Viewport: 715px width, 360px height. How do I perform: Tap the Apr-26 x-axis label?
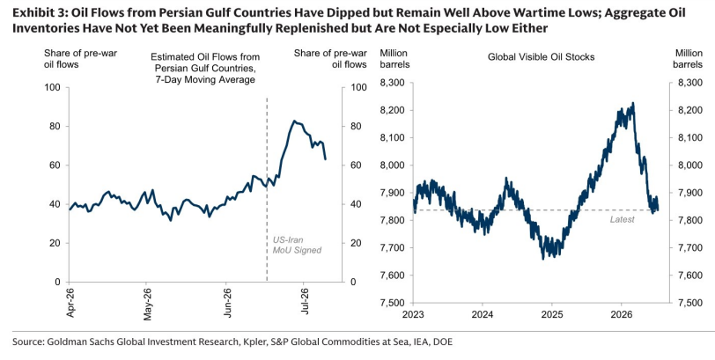[70, 303]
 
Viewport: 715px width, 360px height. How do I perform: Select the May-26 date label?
[147, 304]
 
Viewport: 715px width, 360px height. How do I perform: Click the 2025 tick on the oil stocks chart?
[551, 314]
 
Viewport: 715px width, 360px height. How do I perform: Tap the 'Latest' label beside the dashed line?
[622, 220]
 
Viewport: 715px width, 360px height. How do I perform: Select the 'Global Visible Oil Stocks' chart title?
[541, 57]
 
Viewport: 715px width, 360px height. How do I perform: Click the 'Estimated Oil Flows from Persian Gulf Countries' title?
[205, 62]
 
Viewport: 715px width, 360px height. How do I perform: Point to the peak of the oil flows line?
[295, 121]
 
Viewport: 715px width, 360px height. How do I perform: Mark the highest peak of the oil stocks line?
[633, 103]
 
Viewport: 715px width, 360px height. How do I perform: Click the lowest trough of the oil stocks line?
[542, 260]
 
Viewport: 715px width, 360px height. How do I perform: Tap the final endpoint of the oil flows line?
[325, 159]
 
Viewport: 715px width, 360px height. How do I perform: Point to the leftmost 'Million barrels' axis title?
[394, 59]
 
